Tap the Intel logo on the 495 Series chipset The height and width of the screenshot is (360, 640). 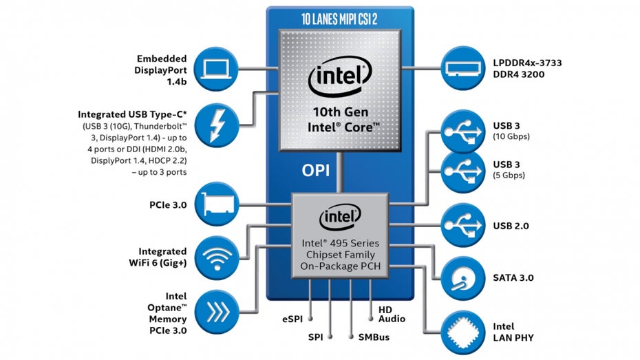tap(337, 220)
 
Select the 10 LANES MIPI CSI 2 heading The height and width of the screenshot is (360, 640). tap(340, 19)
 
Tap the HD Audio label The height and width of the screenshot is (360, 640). tap(392, 314)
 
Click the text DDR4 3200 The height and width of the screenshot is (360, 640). tap(518, 74)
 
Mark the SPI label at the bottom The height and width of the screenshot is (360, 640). tap(315, 338)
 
